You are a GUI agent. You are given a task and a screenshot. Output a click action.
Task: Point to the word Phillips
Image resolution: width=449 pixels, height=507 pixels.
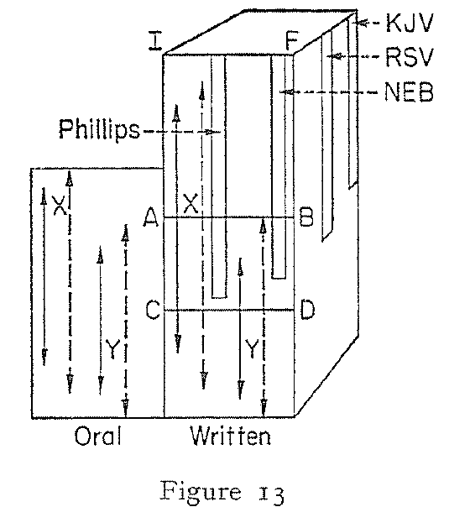coord(99,131)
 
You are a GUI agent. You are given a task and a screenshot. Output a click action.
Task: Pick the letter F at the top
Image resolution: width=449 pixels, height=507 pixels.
coord(291,41)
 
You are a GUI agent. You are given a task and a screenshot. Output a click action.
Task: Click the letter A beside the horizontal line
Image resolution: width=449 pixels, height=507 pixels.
coord(152,219)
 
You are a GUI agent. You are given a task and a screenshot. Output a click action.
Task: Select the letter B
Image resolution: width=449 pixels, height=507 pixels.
coord(306,219)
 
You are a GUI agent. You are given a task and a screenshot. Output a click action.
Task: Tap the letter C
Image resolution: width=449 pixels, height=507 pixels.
coord(152,311)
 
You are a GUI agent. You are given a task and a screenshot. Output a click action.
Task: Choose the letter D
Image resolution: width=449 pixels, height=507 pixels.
coord(307,311)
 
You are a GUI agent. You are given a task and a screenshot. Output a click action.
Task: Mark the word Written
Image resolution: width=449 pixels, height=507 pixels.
coord(227,436)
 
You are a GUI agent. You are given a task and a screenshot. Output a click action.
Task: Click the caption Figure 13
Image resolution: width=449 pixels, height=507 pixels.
coord(228,486)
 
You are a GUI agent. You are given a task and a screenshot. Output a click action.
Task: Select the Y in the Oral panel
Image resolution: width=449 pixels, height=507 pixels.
coord(112,345)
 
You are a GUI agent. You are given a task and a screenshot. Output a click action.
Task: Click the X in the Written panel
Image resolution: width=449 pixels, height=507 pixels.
coord(191,204)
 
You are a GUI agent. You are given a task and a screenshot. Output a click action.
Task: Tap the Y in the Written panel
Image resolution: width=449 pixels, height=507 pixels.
coord(251,345)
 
